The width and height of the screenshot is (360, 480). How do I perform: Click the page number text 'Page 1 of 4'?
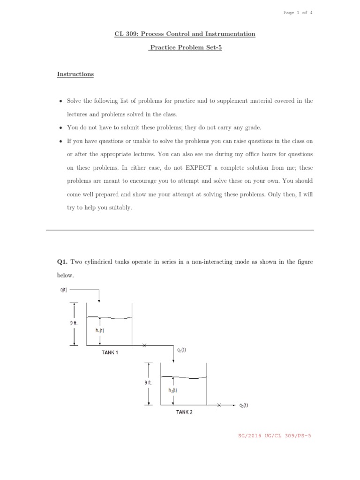coord(298,13)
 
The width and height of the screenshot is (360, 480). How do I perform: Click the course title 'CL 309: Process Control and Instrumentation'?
coord(185,34)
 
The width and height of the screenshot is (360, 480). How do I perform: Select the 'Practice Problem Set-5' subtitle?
coord(185,47)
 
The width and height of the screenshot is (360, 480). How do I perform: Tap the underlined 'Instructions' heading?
coord(75,74)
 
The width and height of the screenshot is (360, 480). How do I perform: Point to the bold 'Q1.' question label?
coord(63,262)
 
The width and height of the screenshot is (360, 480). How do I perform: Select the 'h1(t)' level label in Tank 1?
coord(100,330)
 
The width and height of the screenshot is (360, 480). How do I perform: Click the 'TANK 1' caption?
coord(110,352)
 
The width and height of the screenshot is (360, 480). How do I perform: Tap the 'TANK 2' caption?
coord(184,412)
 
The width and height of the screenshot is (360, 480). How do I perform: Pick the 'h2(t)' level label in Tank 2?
coord(172,389)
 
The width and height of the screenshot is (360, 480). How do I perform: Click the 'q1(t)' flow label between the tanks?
coord(181,350)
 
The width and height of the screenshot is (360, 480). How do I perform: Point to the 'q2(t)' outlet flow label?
coord(243,405)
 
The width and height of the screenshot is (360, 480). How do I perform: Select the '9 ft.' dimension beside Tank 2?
coord(148,383)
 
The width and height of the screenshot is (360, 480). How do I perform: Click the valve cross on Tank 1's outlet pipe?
coord(144,346)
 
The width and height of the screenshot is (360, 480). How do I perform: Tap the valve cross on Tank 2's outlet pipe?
coord(219,405)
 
